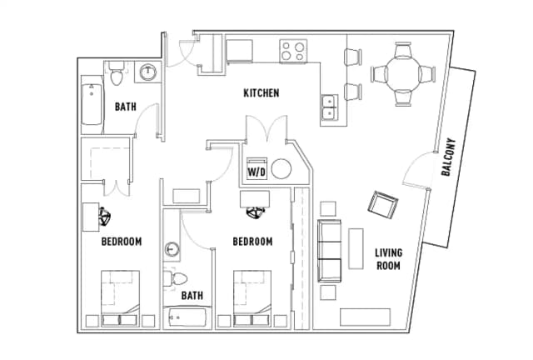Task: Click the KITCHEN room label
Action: click(x=262, y=92)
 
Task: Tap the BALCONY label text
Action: click(x=448, y=157)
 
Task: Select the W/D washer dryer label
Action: click(x=257, y=172)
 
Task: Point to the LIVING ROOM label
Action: click(x=389, y=259)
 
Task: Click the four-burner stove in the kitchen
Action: click(x=293, y=51)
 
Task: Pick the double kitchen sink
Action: click(x=330, y=107)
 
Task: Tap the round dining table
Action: click(x=403, y=74)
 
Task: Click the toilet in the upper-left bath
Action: click(x=117, y=73)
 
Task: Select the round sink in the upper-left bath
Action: click(x=148, y=72)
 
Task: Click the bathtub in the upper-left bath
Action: click(x=92, y=104)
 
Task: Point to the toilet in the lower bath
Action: click(x=175, y=279)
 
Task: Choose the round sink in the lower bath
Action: click(x=172, y=249)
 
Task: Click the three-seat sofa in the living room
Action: click(x=330, y=251)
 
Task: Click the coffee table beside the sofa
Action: click(x=356, y=248)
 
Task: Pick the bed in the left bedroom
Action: click(x=120, y=298)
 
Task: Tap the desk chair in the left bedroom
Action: click(x=105, y=217)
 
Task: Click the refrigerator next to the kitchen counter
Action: click(x=239, y=51)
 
